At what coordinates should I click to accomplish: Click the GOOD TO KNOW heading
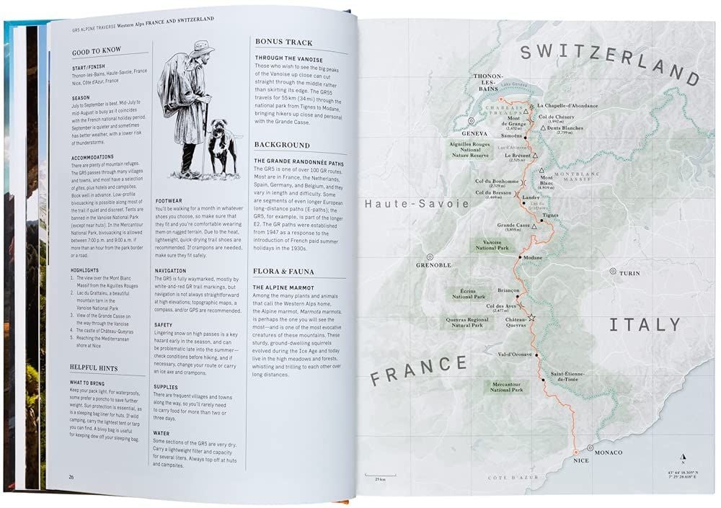[97, 52]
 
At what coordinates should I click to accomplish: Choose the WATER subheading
[162, 434]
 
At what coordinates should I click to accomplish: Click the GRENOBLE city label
[433, 264]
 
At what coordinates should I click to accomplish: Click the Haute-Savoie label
[417, 204]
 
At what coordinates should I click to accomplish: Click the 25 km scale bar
[375, 476]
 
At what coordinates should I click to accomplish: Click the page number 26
[71, 476]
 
